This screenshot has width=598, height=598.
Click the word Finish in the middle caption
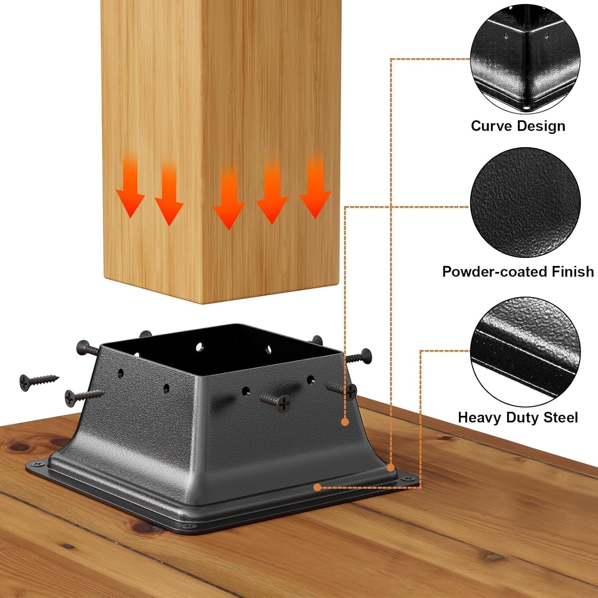coord(573,272)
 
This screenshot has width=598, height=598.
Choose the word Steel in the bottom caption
coord(561,417)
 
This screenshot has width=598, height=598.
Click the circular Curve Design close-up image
coord(525,60)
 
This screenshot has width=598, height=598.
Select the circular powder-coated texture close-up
coord(525,203)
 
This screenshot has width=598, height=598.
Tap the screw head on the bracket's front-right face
coord(283,403)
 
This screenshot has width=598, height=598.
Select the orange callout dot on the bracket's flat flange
coord(317,487)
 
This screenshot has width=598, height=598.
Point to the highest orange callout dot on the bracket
coord(345,422)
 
